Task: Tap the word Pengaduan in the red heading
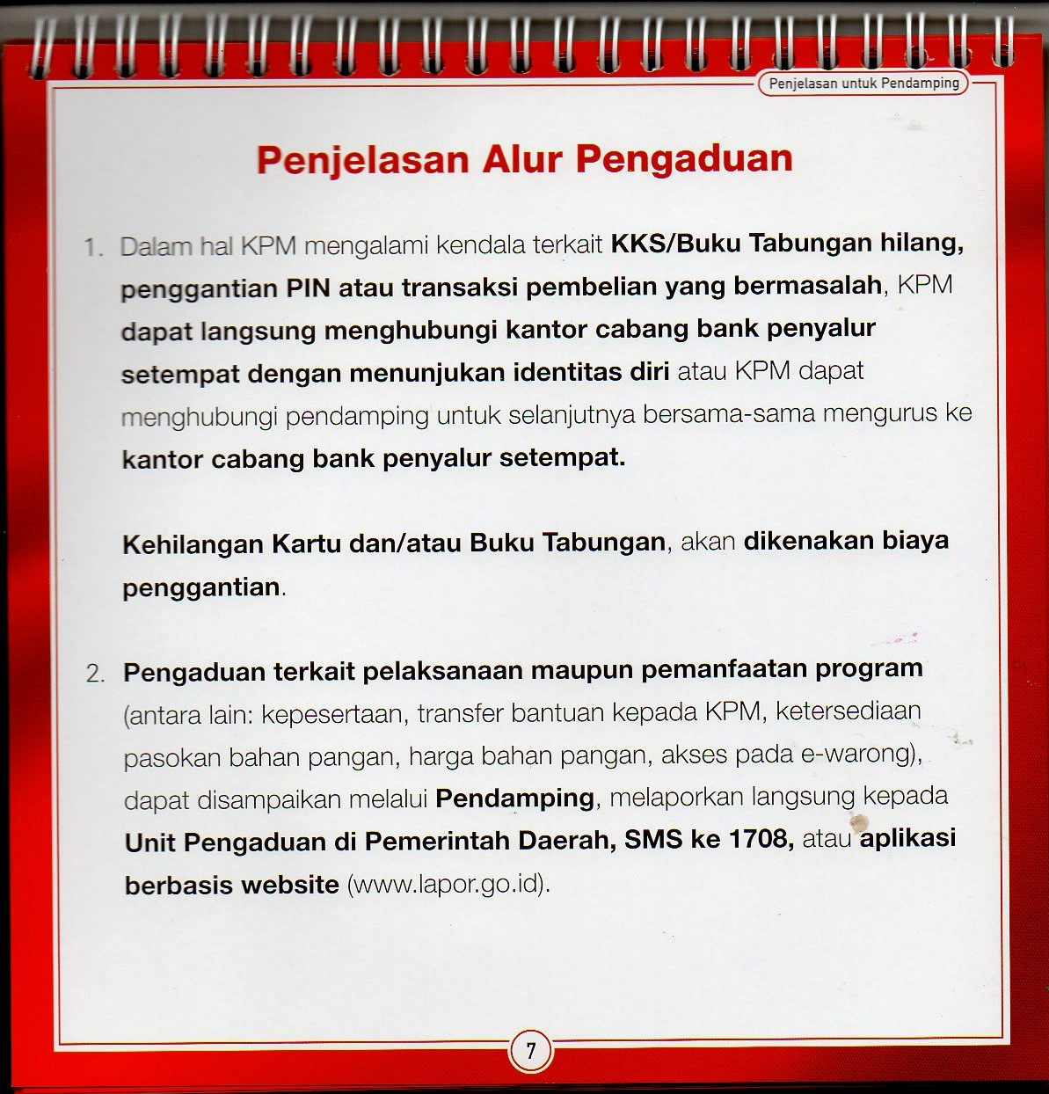coord(684,159)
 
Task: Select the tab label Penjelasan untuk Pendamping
coord(863,84)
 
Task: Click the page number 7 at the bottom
coord(530,1050)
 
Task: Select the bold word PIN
coord(308,288)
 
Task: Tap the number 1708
coord(761,839)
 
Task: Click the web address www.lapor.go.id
coord(448,883)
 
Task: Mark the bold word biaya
coord(915,540)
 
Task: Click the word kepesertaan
coord(331,714)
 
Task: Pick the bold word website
coord(291,884)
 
